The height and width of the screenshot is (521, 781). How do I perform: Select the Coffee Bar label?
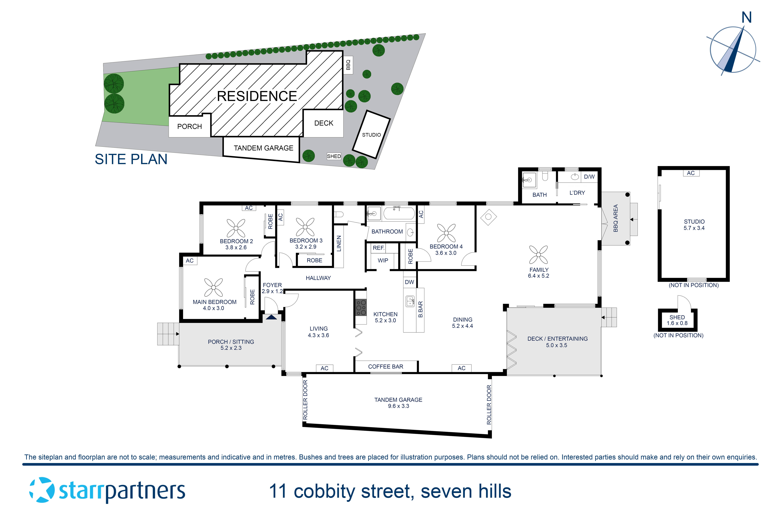point(386,367)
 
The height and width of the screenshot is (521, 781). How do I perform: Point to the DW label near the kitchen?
point(409,282)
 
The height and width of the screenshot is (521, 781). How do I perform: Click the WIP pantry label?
point(383,260)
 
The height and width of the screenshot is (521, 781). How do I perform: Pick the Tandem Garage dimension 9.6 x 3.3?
point(398,406)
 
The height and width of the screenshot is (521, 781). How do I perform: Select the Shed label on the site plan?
point(334,156)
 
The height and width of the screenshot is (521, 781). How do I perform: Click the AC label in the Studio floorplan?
point(691,173)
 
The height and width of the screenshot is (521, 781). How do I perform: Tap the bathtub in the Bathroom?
point(399,213)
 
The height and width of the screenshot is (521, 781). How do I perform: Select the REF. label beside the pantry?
point(379,248)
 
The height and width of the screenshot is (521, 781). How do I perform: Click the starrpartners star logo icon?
point(42,490)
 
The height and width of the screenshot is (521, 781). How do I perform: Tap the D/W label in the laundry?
point(589,177)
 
